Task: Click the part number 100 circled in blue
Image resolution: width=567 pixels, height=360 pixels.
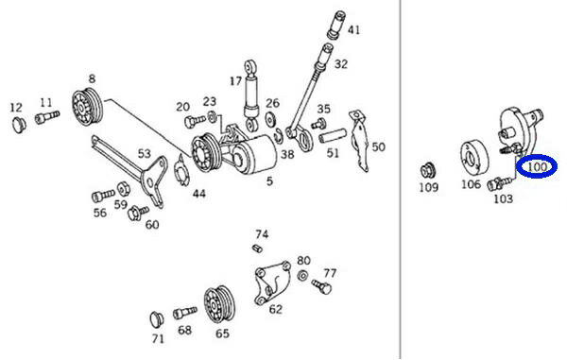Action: [x=537, y=166]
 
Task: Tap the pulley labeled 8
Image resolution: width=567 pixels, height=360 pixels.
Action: [x=87, y=106]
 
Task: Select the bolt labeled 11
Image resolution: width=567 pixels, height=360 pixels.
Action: [x=47, y=117]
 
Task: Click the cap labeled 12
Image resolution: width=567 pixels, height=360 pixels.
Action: [x=19, y=125]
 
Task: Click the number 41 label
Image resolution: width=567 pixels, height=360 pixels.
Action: [x=353, y=29]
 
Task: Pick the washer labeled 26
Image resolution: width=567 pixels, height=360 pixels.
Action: [x=269, y=119]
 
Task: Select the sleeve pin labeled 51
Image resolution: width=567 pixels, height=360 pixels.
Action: [x=333, y=136]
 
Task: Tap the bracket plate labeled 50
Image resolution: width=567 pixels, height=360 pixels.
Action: [x=360, y=140]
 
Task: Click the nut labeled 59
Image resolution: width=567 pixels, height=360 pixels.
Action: [x=123, y=188]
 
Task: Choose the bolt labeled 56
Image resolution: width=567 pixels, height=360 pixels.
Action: [x=103, y=196]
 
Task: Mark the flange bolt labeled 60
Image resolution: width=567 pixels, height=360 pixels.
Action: [x=138, y=213]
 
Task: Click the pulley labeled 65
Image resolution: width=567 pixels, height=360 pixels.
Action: [x=218, y=304]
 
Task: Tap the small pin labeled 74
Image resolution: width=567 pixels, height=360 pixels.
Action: [x=257, y=249]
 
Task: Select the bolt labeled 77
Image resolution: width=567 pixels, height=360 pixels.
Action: [x=321, y=286]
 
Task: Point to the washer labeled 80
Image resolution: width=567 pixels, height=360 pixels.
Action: [x=302, y=275]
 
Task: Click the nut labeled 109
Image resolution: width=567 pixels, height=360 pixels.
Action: [x=428, y=170]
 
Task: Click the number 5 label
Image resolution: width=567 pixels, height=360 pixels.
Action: [x=269, y=180]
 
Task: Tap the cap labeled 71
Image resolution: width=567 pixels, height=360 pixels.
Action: [x=157, y=319]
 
